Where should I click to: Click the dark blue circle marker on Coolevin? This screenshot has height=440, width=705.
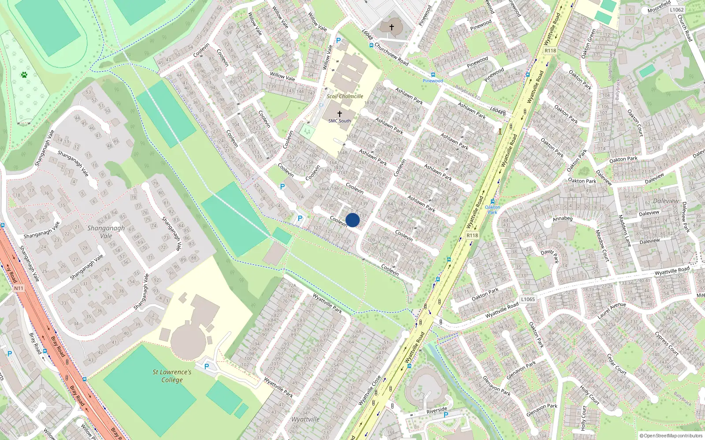click(x=352, y=220)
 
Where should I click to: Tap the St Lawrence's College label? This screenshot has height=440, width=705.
click(x=172, y=376)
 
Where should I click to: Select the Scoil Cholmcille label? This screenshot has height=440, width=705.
click(x=345, y=96)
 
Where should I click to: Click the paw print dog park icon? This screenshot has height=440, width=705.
click(x=24, y=75)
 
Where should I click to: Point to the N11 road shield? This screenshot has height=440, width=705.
click(x=19, y=288)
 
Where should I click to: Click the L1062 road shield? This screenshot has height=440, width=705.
click(x=676, y=10)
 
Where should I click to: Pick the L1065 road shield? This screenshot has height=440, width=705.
click(x=528, y=299)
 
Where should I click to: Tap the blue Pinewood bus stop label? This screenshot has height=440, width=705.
click(x=433, y=81)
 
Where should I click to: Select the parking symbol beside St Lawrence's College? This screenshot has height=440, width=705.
click(x=206, y=367)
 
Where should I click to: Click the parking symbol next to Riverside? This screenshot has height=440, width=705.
click(x=446, y=415)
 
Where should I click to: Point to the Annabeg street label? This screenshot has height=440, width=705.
click(x=563, y=219)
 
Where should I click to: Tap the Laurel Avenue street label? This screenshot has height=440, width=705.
click(x=612, y=311)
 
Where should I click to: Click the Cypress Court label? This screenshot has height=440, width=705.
click(x=667, y=343)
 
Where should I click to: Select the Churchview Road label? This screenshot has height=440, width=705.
click(x=391, y=54)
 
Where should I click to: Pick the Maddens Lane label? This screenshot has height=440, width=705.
click(x=625, y=230)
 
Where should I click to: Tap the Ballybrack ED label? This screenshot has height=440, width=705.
click(x=468, y=93)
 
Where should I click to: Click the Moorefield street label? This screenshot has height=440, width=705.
click(x=659, y=7)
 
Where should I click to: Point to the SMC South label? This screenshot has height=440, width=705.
click(x=340, y=121)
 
